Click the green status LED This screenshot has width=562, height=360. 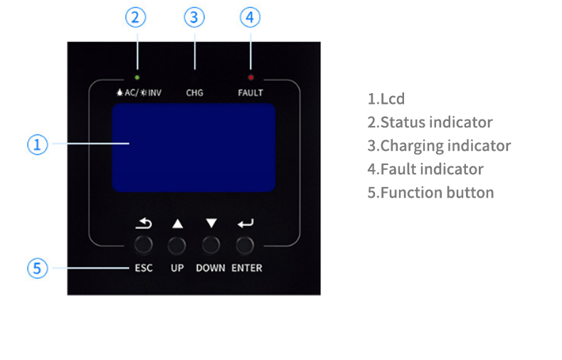pyautogui.click(x=137, y=77)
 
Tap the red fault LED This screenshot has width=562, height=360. pyautogui.click(x=250, y=78)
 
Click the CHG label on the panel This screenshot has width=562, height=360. pyautogui.click(x=195, y=93)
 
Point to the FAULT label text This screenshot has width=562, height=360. pyautogui.click(x=250, y=93)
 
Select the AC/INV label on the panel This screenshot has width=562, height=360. pyautogui.click(x=139, y=93)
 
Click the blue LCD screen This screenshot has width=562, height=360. pyautogui.click(x=193, y=147)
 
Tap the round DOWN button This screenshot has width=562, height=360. pyautogui.click(x=211, y=245)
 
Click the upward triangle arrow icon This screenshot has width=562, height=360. pyautogui.click(x=177, y=224)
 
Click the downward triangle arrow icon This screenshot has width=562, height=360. pyautogui.click(x=211, y=223)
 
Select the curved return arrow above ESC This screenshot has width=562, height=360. pyautogui.click(x=144, y=223)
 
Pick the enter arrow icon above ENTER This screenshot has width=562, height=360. pyautogui.click(x=245, y=223)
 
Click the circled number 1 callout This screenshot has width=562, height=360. pyautogui.click(x=38, y=144)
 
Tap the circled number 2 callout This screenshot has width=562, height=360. pyautogui.click(x=135, y=17)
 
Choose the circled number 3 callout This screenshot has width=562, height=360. pyautogui.click(x=194, y=17)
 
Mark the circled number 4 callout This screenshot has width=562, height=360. pyautogui.click(x=250, y=17)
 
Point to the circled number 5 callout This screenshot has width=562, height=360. pyautogui.click(x=38, y=268)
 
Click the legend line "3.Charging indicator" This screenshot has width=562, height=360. pyautogui.click(x=439, y=146)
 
